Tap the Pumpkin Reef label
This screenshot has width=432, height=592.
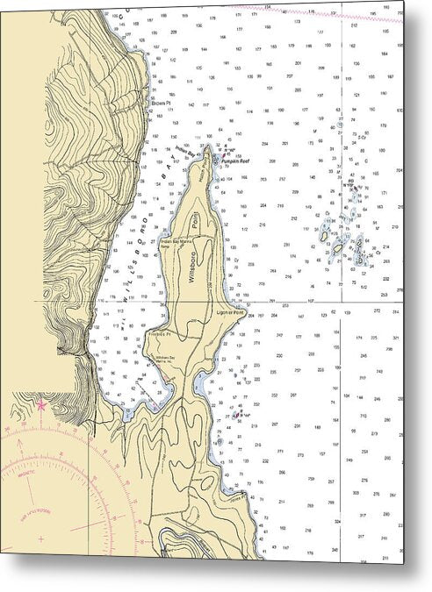click(236, 162)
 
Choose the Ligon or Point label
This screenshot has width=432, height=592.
click(229, 310)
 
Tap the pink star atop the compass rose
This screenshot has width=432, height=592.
click(40, 404)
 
